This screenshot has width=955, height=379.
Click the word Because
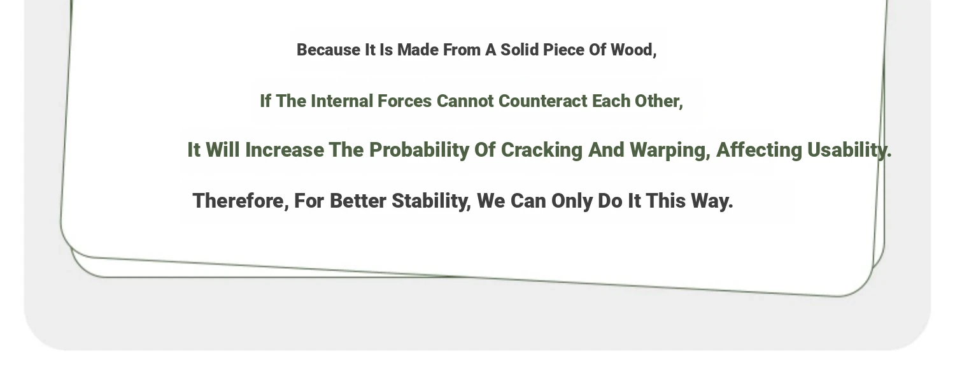(x=329, y=50)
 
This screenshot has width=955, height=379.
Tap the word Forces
(x=404, y=101)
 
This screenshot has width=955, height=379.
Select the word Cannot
(x=465, y=101)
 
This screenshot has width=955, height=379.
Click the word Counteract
(x=542, y=101)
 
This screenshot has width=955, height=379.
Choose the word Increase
(x=285, y=150)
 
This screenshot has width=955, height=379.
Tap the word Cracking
(x=541, y=151)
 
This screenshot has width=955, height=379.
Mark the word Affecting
(x=759, y=151)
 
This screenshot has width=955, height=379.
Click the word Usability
(x=849, y=151)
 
